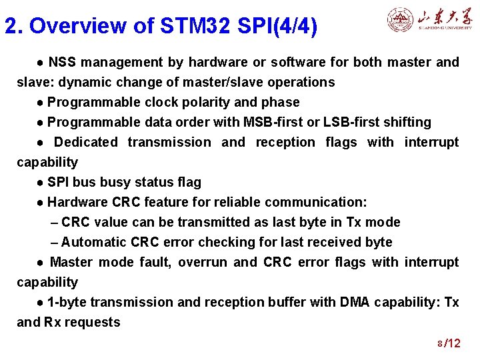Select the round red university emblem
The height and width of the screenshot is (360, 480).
click(401, 20)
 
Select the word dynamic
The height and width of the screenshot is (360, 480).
click(71, 83)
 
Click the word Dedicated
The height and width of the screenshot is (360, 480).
click(85, 143)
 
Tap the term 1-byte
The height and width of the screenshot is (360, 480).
click(65, 303)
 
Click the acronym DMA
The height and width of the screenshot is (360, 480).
click(355, 303)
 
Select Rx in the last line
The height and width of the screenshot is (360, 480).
click(53, 323)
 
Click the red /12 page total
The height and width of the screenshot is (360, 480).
click(453, 343)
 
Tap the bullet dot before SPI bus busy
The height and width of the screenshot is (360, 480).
click(41, 183)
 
